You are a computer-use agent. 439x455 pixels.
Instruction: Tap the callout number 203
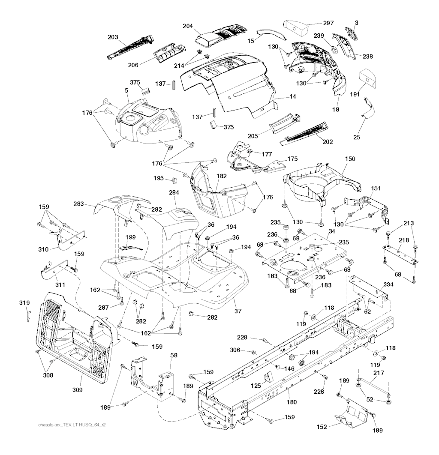(113, 37)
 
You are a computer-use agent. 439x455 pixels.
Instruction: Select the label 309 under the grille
(78, 390)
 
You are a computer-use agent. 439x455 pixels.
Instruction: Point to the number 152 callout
(322, 427)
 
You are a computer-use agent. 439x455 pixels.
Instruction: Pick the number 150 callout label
(350, 159)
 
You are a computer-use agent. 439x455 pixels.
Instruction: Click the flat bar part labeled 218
(399, 254)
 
